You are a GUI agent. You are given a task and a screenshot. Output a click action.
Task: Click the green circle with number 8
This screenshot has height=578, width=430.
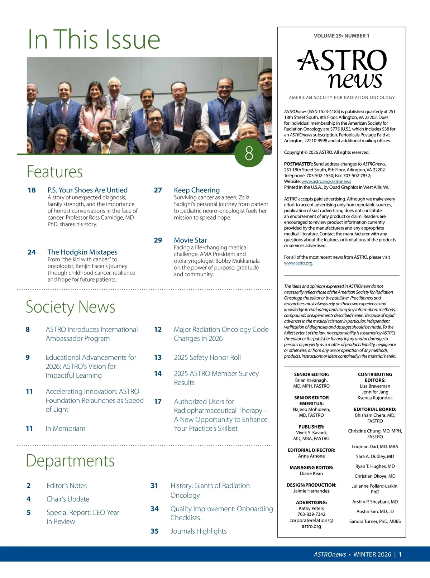[x=249, y=153]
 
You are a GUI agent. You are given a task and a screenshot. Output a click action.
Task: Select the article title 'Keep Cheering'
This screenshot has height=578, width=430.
[x=197, y=190]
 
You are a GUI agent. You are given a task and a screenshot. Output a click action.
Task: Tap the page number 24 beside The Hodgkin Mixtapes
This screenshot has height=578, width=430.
[x=32, y=252]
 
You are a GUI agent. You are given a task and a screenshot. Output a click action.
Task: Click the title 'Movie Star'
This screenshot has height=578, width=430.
[x=190, y=240]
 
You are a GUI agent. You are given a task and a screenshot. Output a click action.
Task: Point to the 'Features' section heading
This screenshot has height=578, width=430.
[x=55, y=172]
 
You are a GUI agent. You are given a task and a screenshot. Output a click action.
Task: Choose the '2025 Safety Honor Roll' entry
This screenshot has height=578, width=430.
[x=207, y=357]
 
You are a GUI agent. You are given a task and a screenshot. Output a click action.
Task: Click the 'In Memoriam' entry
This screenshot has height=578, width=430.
[x=66, y=428]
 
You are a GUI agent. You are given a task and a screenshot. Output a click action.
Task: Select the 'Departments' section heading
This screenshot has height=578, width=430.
[x=70, y=461]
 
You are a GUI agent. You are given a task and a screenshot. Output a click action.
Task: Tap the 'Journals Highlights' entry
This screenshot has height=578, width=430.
[x=199, y=531]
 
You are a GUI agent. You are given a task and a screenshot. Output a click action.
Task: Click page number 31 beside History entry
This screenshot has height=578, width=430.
[x=154, y=486]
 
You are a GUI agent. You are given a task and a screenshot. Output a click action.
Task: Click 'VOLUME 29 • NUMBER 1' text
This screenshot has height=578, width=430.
[x=341, y=36]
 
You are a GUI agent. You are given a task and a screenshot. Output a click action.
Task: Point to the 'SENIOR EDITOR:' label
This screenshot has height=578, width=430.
[x=311, y=374]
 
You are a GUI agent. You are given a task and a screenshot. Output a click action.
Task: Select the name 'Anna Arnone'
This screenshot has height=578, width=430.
[x=311, y=456]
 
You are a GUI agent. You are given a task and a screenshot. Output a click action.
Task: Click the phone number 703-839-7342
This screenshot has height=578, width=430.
[x=311, y=514]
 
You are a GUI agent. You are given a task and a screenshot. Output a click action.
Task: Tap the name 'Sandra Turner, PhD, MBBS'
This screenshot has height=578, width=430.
[x=375, y=521]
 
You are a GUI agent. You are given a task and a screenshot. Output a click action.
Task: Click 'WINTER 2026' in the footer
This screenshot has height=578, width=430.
[x=372, y=554]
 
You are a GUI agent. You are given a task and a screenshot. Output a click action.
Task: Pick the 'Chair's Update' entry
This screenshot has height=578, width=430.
[x=68, y=499]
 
